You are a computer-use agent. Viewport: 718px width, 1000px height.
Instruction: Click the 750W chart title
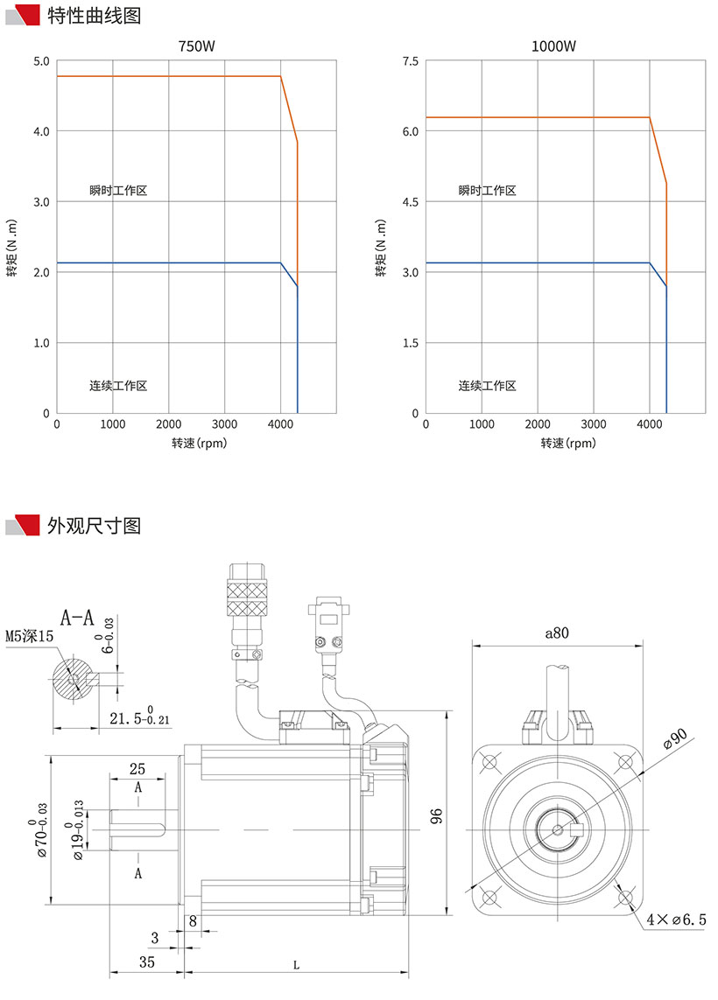[x=196, y=45]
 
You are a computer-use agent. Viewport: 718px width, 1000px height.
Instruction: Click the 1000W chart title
[x=566, y=45]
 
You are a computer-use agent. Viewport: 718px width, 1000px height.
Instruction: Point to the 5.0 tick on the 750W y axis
[x=41, y=61]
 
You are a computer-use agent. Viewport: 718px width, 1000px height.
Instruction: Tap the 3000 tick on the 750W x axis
[x=224, y=424]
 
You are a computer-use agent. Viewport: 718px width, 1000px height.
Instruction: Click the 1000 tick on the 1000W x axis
[x=482, y=424]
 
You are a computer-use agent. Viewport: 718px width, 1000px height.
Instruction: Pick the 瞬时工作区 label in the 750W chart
[x=117, y=191]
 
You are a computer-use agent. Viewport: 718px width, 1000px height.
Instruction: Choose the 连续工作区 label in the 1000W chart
[x=487, y=386]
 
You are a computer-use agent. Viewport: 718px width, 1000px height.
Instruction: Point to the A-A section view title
[x=77, y=618]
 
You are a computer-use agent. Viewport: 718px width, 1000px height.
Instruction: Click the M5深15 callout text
[x=30, y=637]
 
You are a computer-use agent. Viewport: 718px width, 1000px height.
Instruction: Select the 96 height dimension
[x=438, y=815]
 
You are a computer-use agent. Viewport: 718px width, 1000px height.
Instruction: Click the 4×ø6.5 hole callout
[x=675, y=920]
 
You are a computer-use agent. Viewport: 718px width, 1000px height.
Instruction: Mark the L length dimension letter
[x=296, y=966]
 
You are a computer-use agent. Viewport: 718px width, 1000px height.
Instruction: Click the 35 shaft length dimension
[x=147, y=962]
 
